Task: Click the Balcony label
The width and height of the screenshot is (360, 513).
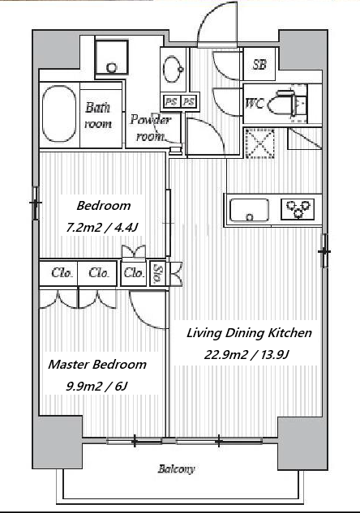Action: click(176, 469)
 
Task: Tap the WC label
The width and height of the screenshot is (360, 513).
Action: click(255, 104)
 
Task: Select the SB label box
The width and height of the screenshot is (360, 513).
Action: click(259, 64)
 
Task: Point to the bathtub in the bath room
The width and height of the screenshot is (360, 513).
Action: click(59, 113)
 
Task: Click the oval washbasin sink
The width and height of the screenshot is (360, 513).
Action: click(174, 70)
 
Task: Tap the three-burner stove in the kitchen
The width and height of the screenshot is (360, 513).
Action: click(298, 209)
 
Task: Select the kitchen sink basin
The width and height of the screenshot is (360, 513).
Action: click(250, 210)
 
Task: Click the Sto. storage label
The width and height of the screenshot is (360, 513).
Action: click(158, 273)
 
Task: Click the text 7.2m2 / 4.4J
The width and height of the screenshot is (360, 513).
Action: click(101, 227)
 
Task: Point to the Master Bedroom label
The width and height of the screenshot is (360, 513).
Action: click(97, 364)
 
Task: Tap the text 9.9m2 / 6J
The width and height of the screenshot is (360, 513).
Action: click(96, 387)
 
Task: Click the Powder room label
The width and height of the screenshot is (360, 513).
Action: click(150, 127)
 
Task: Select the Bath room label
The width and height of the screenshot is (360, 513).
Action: click(98, 115)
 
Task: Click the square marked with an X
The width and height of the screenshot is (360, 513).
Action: click(259, 143)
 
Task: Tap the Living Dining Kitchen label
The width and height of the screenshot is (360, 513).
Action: click(249, 333)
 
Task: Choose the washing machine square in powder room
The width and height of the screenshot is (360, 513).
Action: click(111, 58)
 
